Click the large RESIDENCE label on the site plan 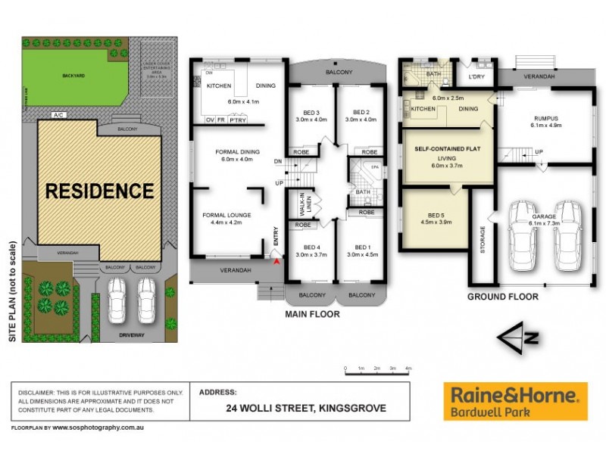tap(99, 190)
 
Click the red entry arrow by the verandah tap(276, 261)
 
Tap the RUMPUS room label tap(545, 118)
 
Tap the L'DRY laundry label tap(476, 76)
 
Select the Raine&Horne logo tap(515, 401)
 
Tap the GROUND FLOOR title tap(502, 297)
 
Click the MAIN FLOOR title tap(312, 313)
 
